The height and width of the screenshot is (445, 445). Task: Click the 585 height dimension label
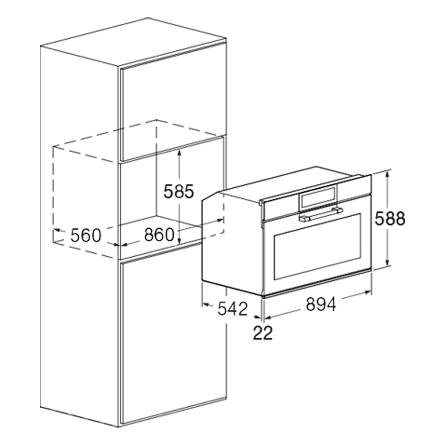click(178, 191)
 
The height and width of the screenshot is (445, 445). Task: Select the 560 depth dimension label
click(86, 235)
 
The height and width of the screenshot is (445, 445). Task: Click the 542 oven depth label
click(232, 308)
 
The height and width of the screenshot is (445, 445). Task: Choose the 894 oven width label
click(320, 304)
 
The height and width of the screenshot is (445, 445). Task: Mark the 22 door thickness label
click(263, 333)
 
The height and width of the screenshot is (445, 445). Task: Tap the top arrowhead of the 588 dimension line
click(388, 175)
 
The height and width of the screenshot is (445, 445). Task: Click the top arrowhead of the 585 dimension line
click(179, 153)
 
